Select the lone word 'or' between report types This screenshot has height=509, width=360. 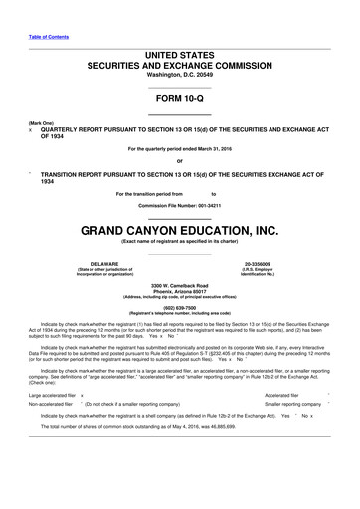(179, 162)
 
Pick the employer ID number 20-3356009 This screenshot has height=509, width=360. (271, 264)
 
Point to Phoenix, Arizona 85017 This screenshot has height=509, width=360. (179, 293)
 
